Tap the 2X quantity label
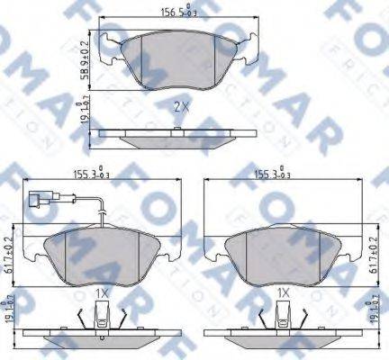point(179,106)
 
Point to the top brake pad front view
point(179,63)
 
